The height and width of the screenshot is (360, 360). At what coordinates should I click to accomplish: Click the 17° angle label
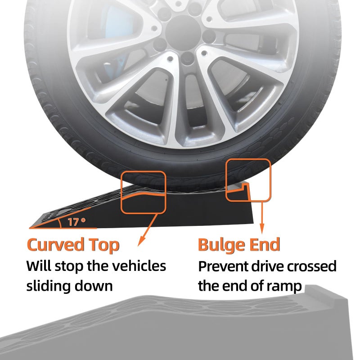76,222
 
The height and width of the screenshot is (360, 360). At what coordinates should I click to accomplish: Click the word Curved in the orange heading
56,245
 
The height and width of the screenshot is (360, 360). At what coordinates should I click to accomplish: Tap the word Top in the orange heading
104,246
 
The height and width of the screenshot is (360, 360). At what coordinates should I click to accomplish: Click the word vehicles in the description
139,266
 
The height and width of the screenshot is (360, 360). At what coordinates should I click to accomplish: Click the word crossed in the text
312,266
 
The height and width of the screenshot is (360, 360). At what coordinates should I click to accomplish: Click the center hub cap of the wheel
183,33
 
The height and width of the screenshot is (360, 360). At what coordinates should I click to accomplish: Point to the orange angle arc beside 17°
60,223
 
